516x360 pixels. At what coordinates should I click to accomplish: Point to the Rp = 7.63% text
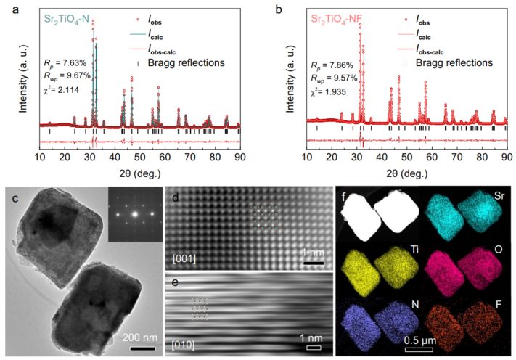(x=64, y=62)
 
